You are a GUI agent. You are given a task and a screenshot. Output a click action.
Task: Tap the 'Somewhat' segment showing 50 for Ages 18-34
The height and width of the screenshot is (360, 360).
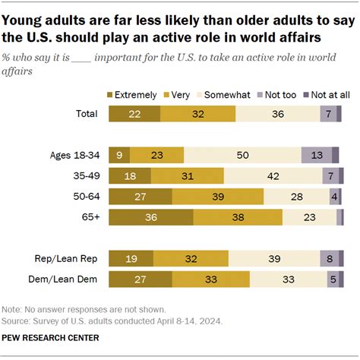click(x=242, y=155)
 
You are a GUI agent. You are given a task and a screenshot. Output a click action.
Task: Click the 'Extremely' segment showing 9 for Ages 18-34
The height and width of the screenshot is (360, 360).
click(x=119, y=155)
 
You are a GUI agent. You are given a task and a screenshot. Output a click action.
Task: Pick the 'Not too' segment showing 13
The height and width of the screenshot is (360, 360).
click(x=316, y=155)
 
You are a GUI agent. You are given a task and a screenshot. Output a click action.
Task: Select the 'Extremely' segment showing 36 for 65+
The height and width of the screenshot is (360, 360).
click(x=151, y=217)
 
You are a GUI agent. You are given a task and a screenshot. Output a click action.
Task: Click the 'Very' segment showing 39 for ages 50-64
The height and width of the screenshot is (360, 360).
click(x=218, y=197)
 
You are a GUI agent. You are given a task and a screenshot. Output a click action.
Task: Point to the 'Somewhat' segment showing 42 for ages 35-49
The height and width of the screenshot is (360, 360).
click(x=272, y=176)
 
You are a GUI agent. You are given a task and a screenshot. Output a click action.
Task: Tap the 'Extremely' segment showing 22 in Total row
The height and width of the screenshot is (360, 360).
click(x=134, y=114)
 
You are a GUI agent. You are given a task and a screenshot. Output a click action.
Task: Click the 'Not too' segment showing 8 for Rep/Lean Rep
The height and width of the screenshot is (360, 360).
click(x=329, y=258)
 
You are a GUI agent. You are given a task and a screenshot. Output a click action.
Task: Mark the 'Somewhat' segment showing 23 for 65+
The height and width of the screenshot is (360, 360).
click(x=309, y=217)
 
